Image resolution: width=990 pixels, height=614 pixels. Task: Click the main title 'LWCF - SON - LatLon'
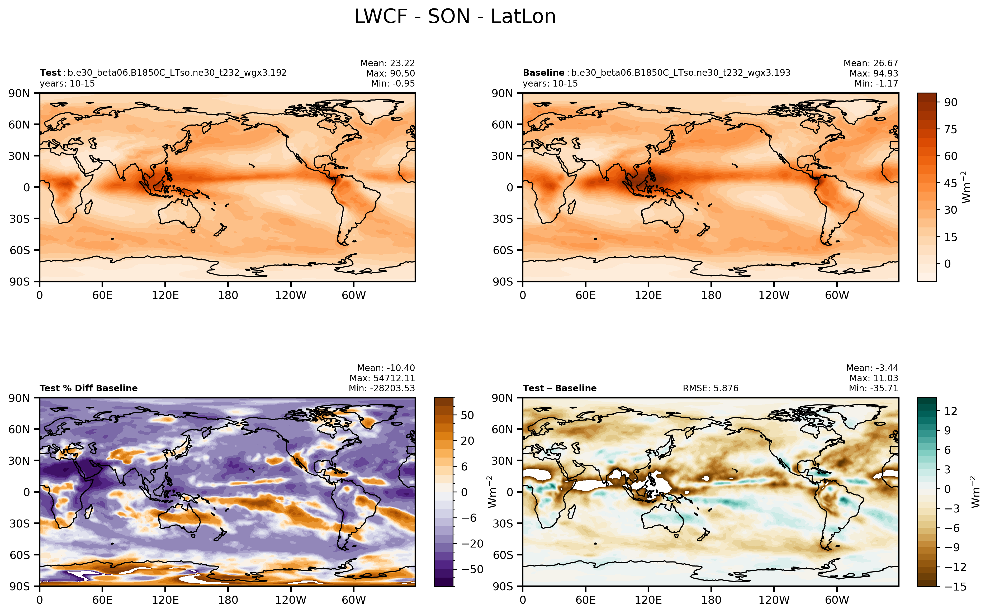[454, 17]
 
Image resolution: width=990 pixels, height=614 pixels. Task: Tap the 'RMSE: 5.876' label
[710, 388]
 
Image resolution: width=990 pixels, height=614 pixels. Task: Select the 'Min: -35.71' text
[873, 388]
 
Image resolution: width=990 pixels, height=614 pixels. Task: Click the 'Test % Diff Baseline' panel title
[88, 388]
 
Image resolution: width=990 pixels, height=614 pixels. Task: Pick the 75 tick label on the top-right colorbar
[950, 130]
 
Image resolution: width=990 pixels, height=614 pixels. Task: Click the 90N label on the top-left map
[19, 93]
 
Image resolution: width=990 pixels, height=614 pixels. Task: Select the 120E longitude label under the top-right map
[648, 295]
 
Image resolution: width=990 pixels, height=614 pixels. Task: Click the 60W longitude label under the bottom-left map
[353, 600]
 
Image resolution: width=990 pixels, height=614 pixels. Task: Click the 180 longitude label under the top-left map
[228, 295]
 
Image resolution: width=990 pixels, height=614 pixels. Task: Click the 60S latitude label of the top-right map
[503, 250]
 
